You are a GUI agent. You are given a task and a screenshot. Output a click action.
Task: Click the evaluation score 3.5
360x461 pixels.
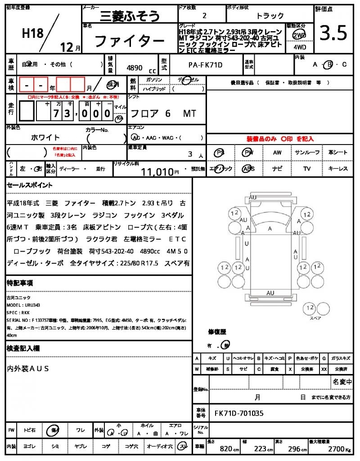click(333, 33)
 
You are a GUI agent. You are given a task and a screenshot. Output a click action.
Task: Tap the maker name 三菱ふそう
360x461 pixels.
click(121, 17)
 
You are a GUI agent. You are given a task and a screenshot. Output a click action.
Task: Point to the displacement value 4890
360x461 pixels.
click(135, 68)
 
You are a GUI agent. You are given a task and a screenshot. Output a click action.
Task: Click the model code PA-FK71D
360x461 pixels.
click(205, 65)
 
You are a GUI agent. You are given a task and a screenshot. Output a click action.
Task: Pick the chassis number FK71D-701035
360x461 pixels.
click(239, 413)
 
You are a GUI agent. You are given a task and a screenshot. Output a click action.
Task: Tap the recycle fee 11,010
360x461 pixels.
click(157, 171)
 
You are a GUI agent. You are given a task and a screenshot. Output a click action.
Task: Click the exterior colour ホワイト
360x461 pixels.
click(45, 137)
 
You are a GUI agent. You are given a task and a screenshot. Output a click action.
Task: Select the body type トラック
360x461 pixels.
click(270, 16)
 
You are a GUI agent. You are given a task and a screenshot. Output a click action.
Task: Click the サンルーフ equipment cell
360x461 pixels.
click(307, 153)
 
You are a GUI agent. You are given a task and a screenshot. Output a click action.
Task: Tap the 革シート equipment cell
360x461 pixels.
click(338, 153)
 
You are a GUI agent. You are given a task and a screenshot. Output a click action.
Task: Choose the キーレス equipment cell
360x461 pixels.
click(338, 169)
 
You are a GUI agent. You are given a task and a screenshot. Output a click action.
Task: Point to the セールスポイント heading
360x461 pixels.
click(30, 185)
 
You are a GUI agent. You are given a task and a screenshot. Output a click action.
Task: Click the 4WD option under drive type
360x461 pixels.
click(298, 46)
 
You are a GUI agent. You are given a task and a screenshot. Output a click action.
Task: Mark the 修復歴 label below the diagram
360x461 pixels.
click(217, 332)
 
